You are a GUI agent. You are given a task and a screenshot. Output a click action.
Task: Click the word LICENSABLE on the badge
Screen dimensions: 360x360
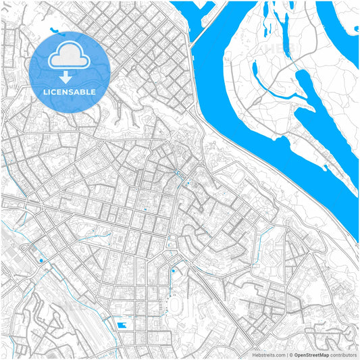click(70, 91)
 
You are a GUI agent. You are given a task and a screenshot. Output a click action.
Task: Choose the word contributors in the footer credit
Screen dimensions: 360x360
click(343, 354)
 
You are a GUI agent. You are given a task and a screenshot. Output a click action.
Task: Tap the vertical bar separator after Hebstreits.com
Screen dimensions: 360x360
click(286, 354)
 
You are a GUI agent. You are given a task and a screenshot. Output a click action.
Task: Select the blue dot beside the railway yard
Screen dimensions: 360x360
click(41, 260)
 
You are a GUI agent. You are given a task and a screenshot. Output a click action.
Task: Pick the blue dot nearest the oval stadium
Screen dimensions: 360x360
click(173, 271)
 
